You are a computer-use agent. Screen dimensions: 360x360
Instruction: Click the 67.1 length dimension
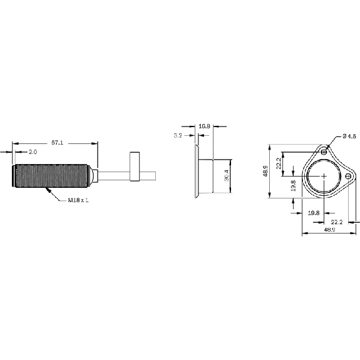[x=57, y=143]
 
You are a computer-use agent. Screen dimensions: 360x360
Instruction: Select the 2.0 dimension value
[x=33, y=152]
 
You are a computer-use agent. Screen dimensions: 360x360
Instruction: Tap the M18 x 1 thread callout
[x=78, y=200]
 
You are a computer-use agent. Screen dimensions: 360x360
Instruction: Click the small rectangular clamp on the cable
[x=135, y=166]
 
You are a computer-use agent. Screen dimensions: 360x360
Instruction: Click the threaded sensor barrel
[x=52, y=176]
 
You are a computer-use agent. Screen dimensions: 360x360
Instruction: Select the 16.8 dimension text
[x=204, y=126]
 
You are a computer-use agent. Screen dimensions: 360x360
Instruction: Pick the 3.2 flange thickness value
[x=178, y=136]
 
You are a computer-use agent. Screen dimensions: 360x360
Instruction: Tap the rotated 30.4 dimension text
[x=227, y=176]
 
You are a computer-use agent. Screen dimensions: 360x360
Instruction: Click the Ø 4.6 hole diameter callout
[x=349, y=136]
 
